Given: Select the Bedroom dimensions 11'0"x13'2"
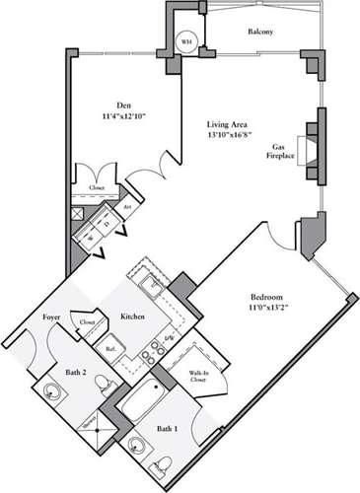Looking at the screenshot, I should [x=267, y=309].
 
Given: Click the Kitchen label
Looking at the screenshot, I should [x=133, y=317].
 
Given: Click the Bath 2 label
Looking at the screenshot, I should [x=71, y=371].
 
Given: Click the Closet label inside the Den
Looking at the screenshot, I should [x=97, y=186].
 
